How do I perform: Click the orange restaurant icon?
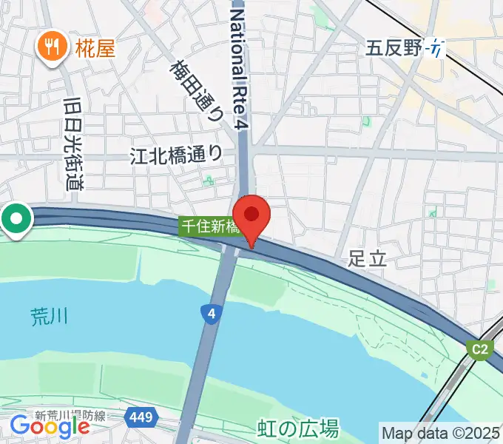[51, 49]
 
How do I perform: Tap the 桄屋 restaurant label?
[95, 50]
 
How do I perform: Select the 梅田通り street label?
[197, 90]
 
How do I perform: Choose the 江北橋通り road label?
[176, 154]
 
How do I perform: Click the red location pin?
[252, 216]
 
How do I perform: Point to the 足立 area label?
[368, 258]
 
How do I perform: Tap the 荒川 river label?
[50, 317]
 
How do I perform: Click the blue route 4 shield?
[212, 314]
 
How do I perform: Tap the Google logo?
[50, 425]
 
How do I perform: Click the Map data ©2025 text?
[441, 433]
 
